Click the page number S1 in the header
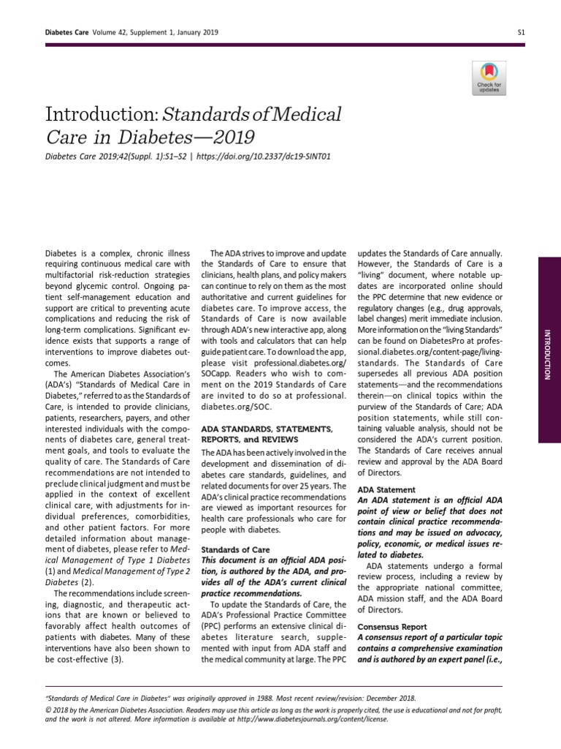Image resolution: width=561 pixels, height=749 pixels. [522, 32]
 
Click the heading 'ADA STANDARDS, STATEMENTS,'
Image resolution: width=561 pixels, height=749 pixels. [267, 429]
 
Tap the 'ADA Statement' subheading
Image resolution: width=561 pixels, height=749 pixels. [386, 489]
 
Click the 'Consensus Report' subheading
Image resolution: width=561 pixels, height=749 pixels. [392, 628]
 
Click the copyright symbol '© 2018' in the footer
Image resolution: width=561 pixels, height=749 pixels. [58, 710]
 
